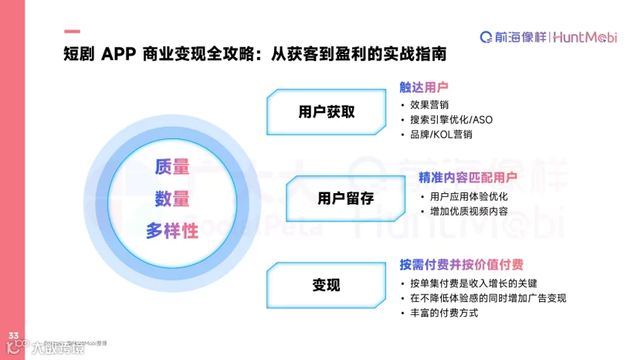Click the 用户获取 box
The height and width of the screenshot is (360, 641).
326,111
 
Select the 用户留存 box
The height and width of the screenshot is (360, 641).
345,199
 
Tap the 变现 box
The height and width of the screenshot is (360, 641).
326,285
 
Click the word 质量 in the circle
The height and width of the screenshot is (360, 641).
171,166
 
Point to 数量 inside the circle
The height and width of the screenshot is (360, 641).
171,198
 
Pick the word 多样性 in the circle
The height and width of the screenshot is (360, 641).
171,230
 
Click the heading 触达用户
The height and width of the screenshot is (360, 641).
423,87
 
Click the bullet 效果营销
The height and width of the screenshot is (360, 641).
430,104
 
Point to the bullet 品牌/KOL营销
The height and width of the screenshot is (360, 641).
441,134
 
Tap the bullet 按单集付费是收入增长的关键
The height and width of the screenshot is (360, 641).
477,283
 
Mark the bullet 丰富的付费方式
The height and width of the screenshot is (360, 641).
444,313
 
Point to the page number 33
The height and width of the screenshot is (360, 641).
13,335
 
